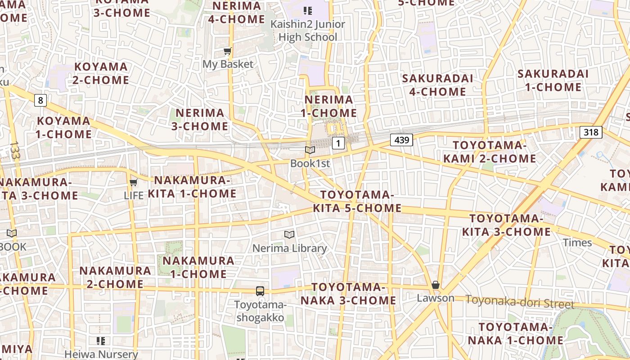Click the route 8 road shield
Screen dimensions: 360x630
tap(40, 100)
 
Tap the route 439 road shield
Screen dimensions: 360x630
tap(401, 140)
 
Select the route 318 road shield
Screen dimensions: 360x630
tap(591, 132)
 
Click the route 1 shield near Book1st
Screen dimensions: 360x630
tap(338, 143)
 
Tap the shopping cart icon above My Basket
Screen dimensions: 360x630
tap(228, 51)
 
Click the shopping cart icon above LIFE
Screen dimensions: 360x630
tap(133, 183)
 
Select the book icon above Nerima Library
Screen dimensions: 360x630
tap(289, 234)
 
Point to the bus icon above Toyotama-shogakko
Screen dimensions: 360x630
tap(260, 291)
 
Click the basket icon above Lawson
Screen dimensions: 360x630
tap(435, 285)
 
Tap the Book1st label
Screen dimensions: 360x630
tap(310, 163)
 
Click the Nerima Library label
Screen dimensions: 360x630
tap(289, 248)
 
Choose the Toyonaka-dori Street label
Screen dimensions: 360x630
tap(520, 302)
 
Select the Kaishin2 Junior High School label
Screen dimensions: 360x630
tap(308, 31)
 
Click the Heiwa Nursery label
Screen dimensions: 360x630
tap(101, 354)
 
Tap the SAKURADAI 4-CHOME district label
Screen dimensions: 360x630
tap(434, 85)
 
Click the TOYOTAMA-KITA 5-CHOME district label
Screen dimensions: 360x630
tap(357, 201)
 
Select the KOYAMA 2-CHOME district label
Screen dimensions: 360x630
tap(101, 73)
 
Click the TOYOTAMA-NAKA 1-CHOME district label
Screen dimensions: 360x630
tap(515, 333)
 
